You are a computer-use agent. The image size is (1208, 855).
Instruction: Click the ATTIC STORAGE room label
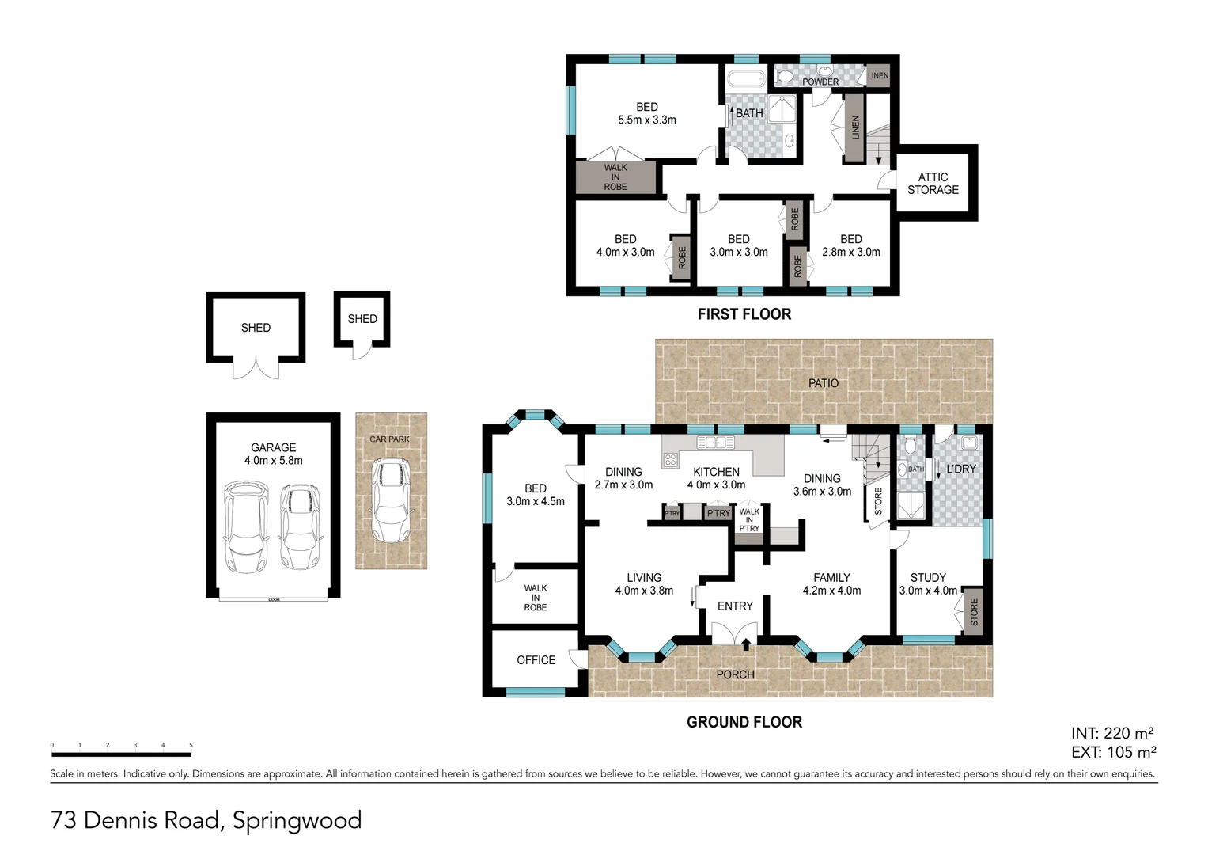[933, 184]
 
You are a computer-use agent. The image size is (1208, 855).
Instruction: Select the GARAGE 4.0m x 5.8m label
[273, 454]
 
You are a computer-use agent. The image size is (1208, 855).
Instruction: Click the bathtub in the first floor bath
[745, 79]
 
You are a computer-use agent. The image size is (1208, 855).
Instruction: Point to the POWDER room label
[820, 82]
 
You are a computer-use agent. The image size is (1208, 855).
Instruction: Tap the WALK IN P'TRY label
[749, 520]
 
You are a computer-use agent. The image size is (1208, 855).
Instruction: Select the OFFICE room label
[536, 660]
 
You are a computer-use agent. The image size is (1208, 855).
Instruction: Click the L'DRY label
[961, 469]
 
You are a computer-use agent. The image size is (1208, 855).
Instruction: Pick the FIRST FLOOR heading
[744, 314]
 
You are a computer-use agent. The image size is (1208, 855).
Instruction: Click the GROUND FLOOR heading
[744, 722]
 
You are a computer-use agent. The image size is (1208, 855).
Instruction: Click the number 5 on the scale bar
[191, 745]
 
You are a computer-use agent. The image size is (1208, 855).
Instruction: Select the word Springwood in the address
[297, 820]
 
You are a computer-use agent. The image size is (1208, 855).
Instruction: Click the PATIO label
[823, 383]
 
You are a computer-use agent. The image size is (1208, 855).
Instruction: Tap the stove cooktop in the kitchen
[671, 458]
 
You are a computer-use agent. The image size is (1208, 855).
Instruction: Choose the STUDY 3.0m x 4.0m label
[928, 584]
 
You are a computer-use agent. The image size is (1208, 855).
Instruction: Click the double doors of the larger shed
[256, 369]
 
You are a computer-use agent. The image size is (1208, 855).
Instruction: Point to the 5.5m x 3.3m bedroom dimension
[646, 120]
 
